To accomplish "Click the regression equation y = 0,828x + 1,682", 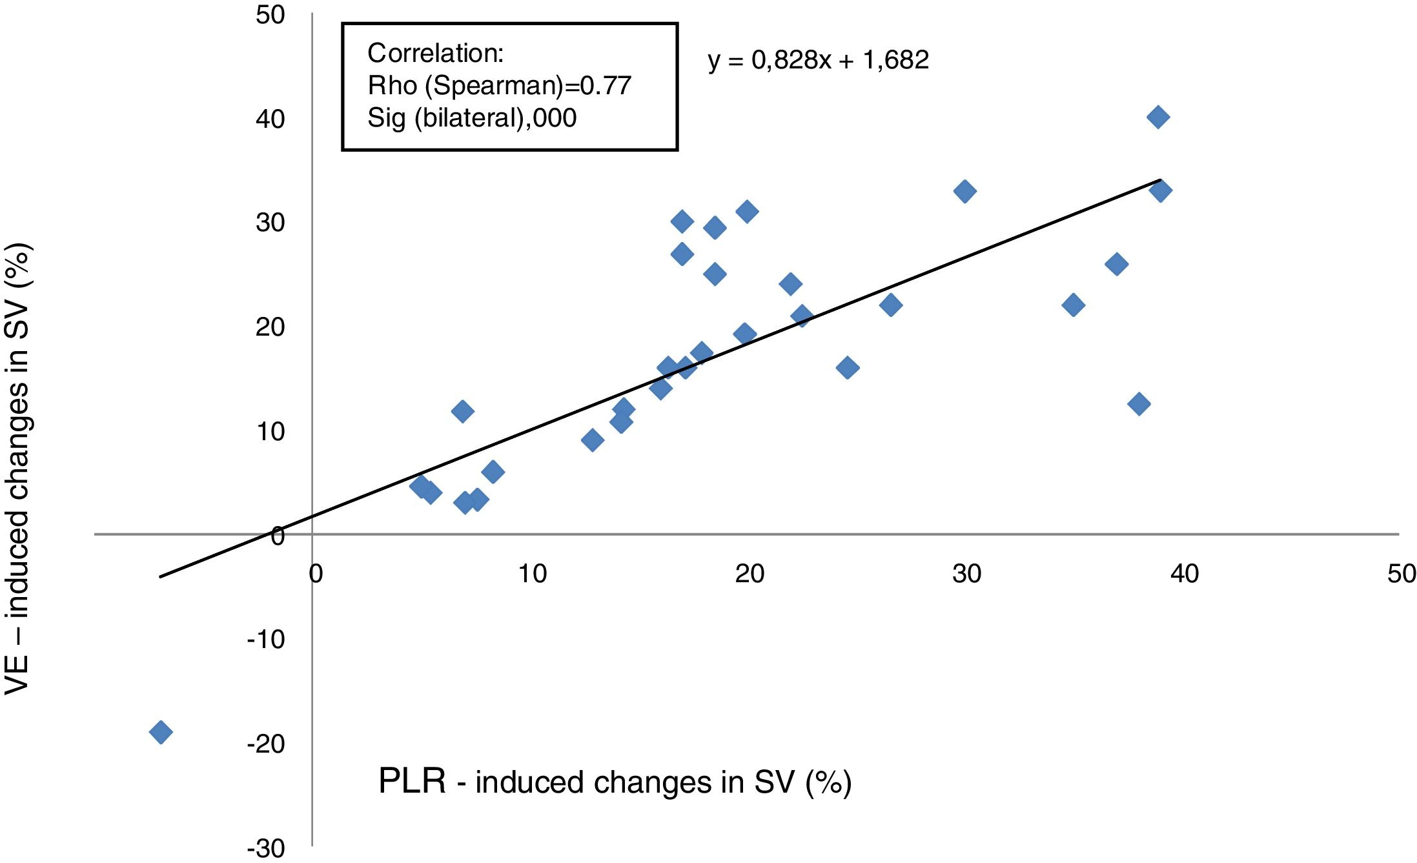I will pos(818,60).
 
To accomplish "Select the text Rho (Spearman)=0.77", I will pos(499,85).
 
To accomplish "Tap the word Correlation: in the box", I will pos(435,53).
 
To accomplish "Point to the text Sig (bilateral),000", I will pos(471,117).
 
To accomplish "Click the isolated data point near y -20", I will pos(161,732).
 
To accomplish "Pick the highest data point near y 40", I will pos(1158,117).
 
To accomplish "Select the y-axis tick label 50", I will pos(270,15).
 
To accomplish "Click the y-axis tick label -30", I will pos(266,849).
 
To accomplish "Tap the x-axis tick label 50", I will pos(1402,573).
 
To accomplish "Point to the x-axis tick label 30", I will pos(966,573).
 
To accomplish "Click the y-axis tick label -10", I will pos(266,640).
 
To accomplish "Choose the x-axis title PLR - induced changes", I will pos(615,782).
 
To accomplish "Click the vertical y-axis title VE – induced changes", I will pos(17,468).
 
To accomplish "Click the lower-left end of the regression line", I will pos(161,576).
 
